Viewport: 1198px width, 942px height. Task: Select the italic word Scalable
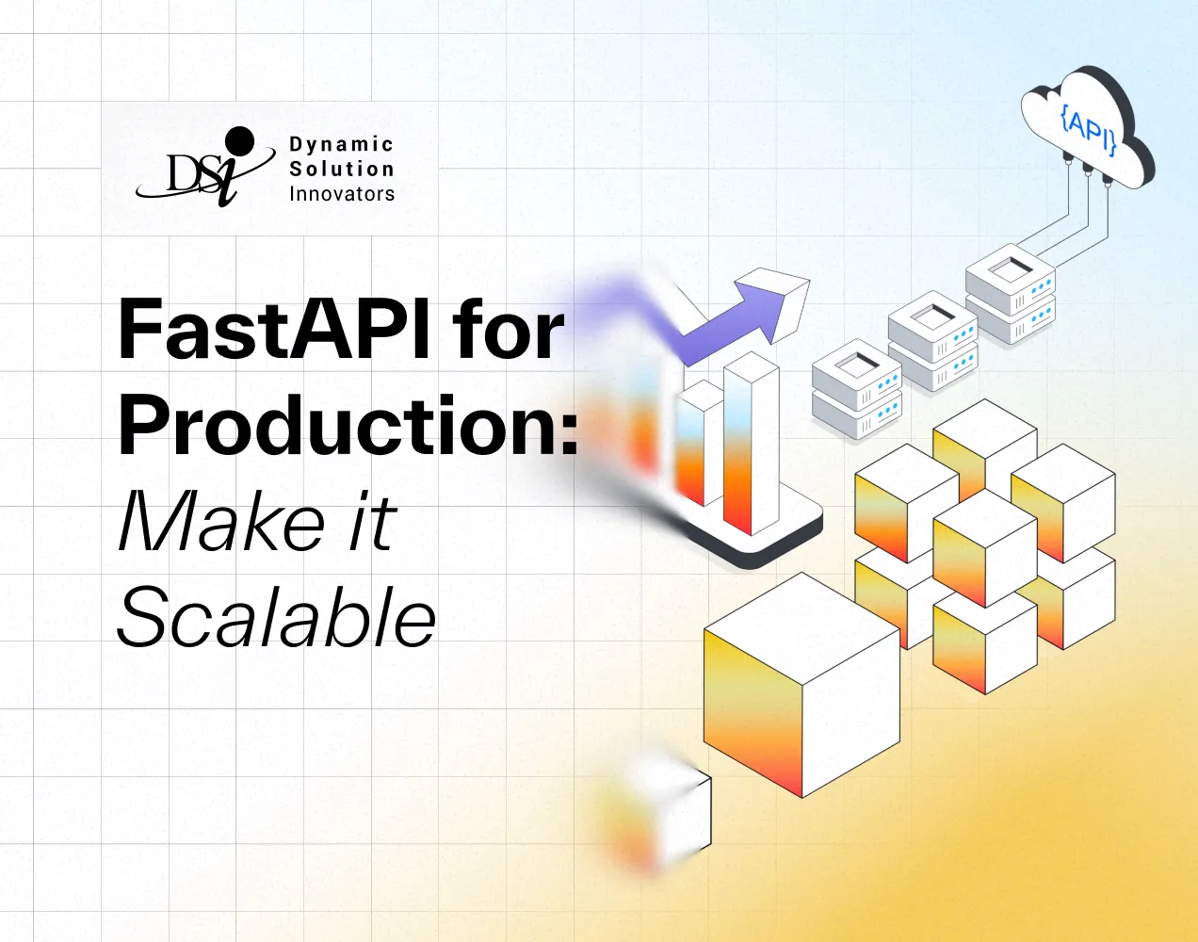(276, 617)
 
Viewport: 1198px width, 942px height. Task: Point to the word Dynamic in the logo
(341, 144)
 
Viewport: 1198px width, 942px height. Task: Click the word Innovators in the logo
(341, 194)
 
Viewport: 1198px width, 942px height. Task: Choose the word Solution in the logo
(341, 170)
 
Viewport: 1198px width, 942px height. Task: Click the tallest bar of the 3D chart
(751, 443)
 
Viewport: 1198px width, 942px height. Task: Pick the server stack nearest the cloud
(1010, 292)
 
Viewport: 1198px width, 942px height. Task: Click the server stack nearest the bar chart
(856, 389)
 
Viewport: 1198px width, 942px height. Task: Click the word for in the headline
(509, 331)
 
